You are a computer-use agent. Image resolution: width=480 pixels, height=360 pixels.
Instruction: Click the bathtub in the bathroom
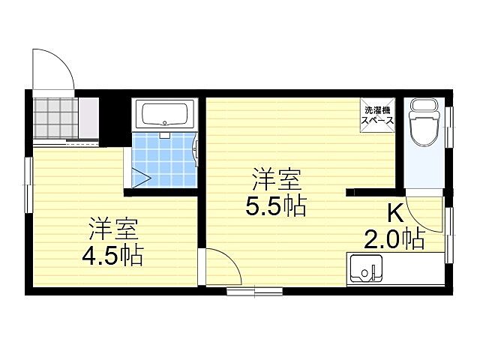pyautogui.click(x=167, y=115)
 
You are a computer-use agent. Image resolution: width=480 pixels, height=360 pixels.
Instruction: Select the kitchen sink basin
pyautogui.click(x=365, y=268)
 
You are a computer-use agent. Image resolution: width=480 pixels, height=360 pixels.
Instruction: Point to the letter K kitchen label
pyautogui.click(x=397, y=212)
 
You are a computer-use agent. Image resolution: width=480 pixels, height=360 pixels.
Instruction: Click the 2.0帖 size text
pyautogui.click(x=394, y=239)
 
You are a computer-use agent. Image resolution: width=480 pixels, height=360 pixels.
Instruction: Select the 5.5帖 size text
pyautogui.click(x=276, y=205)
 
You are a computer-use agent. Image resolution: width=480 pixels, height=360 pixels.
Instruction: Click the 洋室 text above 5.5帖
pyautogui.click(x=276, y=180)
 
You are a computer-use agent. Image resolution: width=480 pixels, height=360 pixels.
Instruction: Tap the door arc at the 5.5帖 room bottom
pyautogui.click(x=221, y=266)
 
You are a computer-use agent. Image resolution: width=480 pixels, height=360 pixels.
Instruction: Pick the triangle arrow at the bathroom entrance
pyautogui.click(x=140, y=177)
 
